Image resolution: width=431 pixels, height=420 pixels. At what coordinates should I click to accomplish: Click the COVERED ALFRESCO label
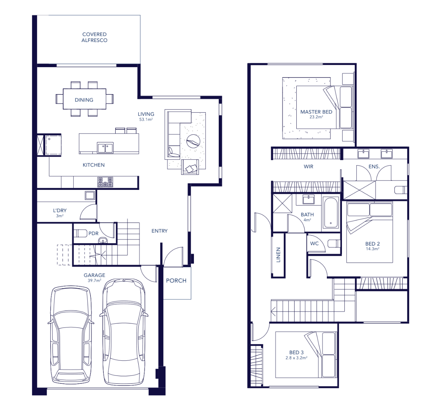point(94,37)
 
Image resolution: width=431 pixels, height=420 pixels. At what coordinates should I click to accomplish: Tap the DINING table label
point(84,100)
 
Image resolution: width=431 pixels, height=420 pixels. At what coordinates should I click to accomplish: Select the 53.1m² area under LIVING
point(146,120)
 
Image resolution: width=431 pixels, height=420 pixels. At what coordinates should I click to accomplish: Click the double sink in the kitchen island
point(105,148)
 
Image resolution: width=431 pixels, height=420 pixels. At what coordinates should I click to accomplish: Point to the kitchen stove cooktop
point(105,182)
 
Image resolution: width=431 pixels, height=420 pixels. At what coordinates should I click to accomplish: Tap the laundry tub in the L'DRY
point(90,196)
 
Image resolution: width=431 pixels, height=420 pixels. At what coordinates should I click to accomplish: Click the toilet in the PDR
point(80,233)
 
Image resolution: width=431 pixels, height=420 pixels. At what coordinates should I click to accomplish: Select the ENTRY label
point(159,231)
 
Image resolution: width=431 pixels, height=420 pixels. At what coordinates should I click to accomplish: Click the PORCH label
point(176,280)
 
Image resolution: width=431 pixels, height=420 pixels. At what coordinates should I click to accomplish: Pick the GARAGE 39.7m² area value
point(94,280)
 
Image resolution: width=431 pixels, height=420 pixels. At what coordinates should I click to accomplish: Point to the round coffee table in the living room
point(193,141)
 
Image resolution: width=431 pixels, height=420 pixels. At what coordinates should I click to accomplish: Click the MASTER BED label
point(316,112)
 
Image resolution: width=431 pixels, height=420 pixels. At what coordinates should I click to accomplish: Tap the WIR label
point(309,167)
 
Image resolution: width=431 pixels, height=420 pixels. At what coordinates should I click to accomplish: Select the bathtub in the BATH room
point(331,213)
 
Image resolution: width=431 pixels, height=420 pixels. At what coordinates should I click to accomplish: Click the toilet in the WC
point(334,243)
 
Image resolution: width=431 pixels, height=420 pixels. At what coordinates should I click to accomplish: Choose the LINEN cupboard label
point(278,255)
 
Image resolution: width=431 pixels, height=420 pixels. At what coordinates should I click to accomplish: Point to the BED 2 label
point(372,244)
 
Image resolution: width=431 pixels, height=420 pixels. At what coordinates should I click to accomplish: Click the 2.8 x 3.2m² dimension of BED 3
point(296,358)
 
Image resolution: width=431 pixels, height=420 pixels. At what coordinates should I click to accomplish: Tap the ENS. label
point(374,167)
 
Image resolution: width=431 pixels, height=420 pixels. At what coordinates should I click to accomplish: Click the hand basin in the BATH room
point(309,200)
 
